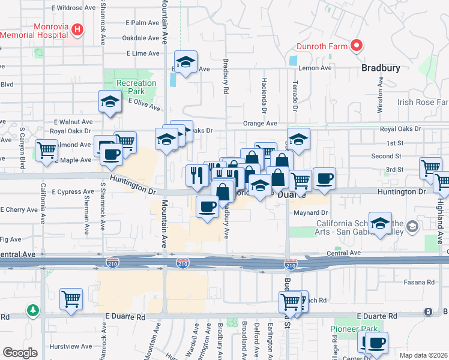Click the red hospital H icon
tap(77, 29)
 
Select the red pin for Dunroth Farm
tap(356, 45)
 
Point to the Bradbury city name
tap(381, 68)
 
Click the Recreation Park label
tap(131, 86)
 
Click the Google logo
tap(20, 353)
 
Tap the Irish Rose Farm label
tap(423, 103)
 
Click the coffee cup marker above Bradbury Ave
tap(208, 207)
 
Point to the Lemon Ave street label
tap(318, 68)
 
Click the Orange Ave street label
tap(260, 124)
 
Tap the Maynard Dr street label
tap(311, 212)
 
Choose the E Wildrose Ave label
tap(73, 8)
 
